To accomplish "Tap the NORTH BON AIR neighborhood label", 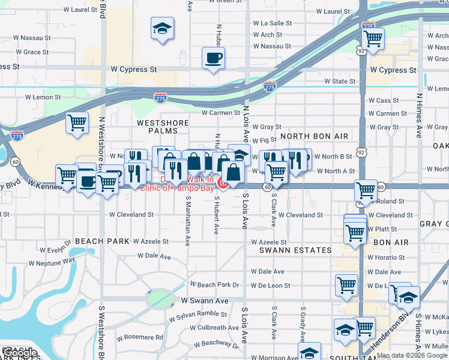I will tap(314, 136).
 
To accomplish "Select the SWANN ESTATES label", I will tap(295, 250).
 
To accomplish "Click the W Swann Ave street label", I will tap(205, 300).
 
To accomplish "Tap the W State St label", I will tap(340, 81).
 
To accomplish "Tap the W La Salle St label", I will tap(272, 23).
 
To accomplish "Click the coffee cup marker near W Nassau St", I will tap(213, 58).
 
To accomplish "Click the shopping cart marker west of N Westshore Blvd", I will tap(77, 122).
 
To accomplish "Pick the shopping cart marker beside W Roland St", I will tap(365, 191).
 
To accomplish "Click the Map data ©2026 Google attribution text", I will tap(412, 355).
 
